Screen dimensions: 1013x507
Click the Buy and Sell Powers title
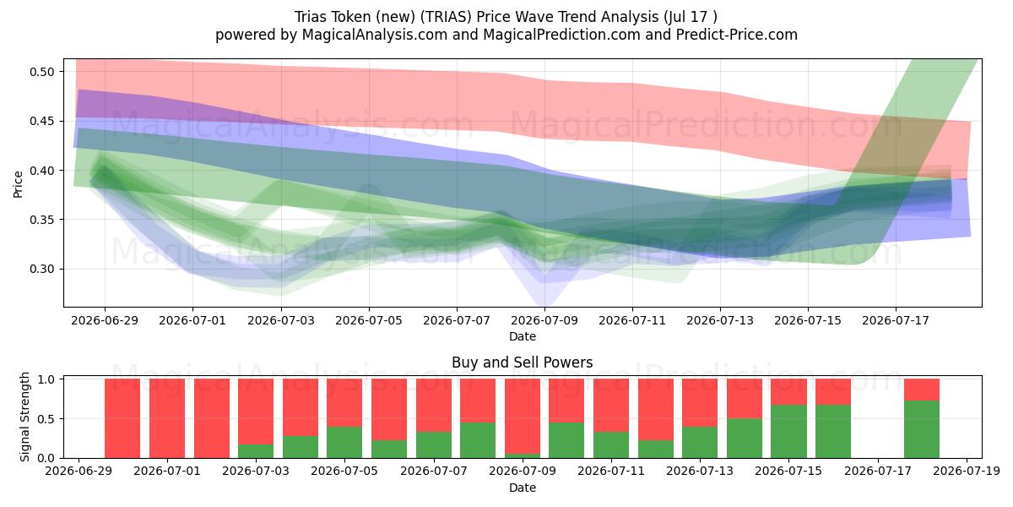[522, 363]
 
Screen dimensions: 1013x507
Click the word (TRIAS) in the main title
[446, 17]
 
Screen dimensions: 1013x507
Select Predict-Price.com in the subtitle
[737, 35]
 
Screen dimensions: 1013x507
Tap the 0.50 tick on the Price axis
[41, 72]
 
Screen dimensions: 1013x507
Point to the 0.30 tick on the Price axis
[41, 269]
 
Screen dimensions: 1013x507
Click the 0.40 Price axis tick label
[41, 171]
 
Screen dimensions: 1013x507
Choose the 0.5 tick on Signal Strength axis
[46, 419]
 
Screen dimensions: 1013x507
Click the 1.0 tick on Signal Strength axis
[46, 379]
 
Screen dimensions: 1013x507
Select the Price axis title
[18, 184]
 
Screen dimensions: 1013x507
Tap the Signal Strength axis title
[24, 417]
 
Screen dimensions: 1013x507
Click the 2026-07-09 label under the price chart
[544, 320]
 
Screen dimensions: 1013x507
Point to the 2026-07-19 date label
[967, 471]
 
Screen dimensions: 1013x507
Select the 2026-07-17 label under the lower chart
[878, 471]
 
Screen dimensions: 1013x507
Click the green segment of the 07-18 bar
[922, 429]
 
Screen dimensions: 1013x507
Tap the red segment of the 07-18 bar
[922, 390]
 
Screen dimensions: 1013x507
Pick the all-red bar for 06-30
[122, 418]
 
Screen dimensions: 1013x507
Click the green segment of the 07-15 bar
[788, 432]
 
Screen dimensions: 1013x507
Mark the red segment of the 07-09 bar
[523, 416]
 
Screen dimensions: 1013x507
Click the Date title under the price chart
[523, 336]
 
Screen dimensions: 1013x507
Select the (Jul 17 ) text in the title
[691, 17]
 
